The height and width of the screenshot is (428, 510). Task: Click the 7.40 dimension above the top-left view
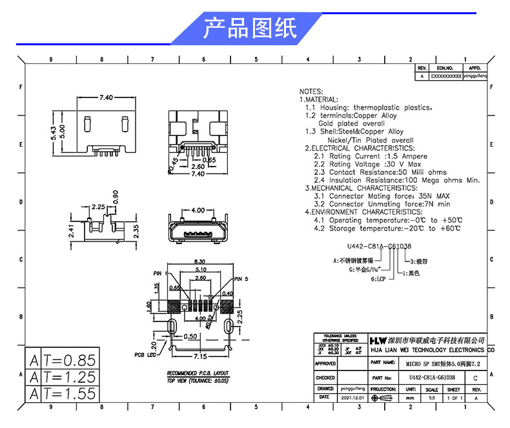[106, 97]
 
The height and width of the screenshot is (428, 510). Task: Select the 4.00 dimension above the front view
[198, 210]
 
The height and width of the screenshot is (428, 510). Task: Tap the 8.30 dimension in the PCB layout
[199, 261]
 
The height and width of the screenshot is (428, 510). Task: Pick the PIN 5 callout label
[241, 279]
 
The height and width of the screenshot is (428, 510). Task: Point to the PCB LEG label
[146, 354]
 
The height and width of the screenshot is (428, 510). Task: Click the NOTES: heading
[311, 92]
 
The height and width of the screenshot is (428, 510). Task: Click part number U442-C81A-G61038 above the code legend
[379, 247]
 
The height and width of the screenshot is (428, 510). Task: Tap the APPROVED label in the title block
[325, 364]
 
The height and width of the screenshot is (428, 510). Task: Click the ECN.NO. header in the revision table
[445, 68]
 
